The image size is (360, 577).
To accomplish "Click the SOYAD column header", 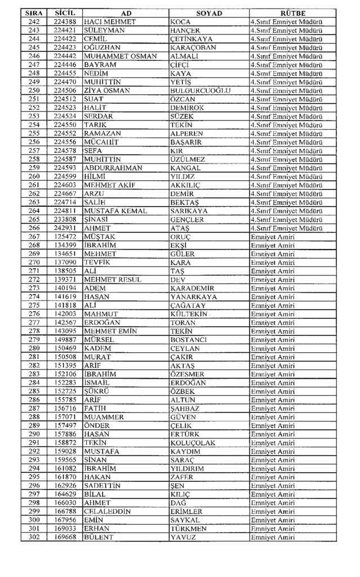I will coord(208,13).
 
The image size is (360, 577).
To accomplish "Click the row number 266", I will coord(33,228).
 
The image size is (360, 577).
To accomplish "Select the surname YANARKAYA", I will coord(195,297).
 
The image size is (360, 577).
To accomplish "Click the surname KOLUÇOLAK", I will coord(193,443).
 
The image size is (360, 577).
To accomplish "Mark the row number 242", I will coord(33,21).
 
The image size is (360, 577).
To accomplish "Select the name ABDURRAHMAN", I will coord(113,168).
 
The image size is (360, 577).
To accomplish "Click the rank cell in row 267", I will coord(273,237).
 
